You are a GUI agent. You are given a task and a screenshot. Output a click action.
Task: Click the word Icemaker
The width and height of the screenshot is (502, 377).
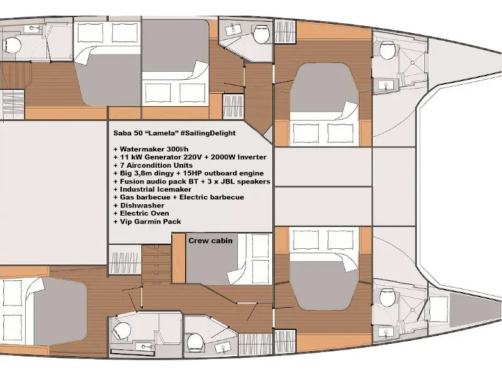[174, 190]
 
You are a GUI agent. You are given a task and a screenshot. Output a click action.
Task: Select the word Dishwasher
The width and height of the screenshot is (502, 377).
[142, 205]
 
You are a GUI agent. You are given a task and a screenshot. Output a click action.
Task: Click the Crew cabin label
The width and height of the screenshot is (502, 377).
[210, 241]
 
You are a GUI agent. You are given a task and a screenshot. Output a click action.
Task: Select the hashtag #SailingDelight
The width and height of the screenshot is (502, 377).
[208, 133]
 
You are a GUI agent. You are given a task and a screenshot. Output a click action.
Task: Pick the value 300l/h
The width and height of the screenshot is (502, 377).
[178, 149]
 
